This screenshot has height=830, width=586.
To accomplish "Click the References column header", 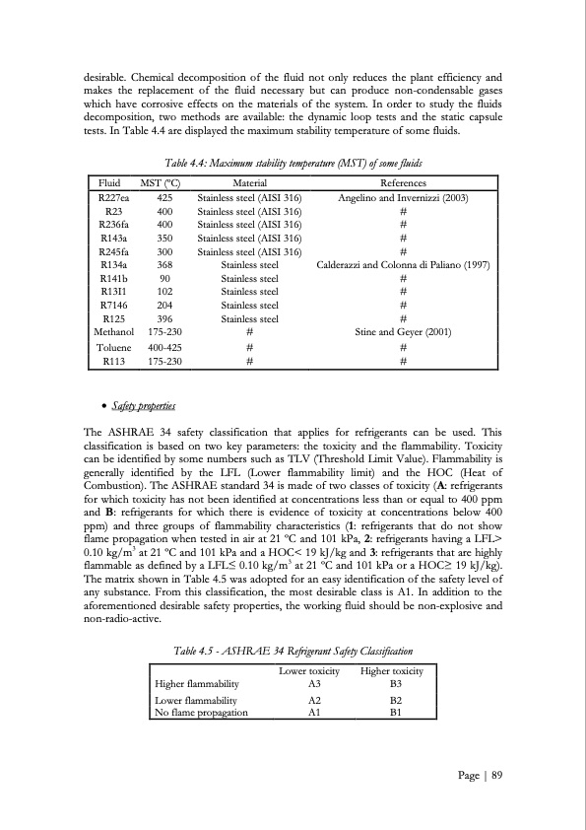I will point(403,183).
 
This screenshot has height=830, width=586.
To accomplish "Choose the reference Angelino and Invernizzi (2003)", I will point(403,197).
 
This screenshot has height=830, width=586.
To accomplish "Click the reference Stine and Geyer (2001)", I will point(403,332).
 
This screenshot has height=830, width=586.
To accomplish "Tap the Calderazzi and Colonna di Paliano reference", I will point(403,265).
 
